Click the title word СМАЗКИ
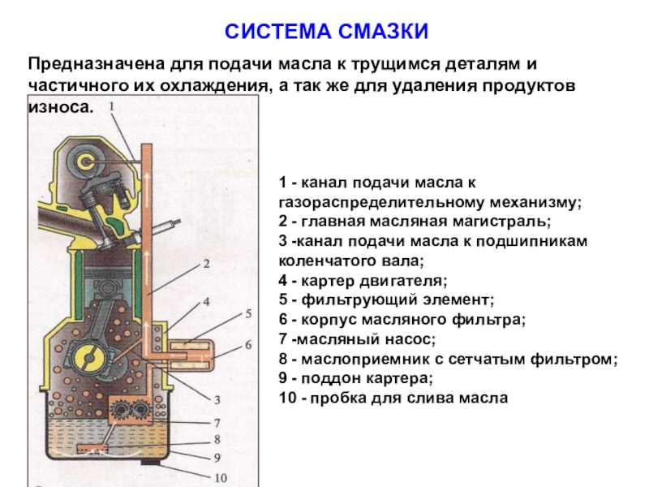[x=382, y=32]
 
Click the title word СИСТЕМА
[x=276, y=32]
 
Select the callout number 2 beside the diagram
[x=206, y=263]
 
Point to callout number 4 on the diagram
[x=206, y=301]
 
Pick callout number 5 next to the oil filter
[x=248, y=313]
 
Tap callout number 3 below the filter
[x=217, y=399]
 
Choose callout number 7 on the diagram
[x=217, y=423]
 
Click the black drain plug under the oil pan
[x=154, y=463]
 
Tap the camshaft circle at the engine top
[x=84, y=162]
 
